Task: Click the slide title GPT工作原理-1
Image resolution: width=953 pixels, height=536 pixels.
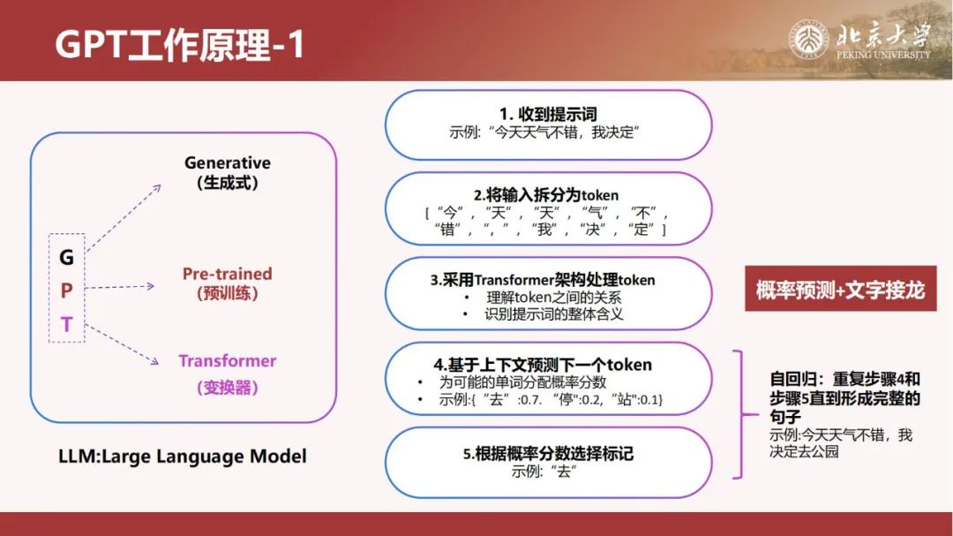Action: click(180, 44)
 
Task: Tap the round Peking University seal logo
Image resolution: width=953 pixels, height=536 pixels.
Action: click(808, 40)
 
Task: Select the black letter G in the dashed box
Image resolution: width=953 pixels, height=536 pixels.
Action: click(66, 257)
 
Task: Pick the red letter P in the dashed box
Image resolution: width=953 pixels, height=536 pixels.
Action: click(66, 291)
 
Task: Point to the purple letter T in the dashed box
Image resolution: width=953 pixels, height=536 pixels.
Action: click(66, 324)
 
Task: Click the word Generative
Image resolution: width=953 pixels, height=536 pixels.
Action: click(228, 163)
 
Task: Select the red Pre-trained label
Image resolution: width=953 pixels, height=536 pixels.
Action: click(228, 274)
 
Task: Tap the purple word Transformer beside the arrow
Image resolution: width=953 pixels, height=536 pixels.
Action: click(228, 361)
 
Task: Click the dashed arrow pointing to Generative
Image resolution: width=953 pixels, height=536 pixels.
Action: click(124, 218)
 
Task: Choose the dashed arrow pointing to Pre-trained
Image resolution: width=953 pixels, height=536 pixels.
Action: click(120, 287)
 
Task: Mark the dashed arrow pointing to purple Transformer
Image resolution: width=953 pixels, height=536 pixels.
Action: click(122, 344)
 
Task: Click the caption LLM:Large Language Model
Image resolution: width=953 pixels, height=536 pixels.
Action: click(183, 457)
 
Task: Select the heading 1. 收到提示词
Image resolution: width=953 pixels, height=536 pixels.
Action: click(548, 114)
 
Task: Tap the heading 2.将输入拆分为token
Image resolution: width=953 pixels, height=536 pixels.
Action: click(546, 194)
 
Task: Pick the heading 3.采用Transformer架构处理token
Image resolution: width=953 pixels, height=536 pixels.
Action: click(543, 280)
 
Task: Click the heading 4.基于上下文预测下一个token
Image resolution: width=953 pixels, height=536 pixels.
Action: click(543, 365)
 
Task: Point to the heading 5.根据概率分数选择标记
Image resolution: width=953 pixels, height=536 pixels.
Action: click(548, 454)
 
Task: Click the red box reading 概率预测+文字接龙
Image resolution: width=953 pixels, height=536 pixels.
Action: click(841, 289)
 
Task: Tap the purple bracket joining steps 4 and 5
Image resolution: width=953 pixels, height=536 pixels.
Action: click(741, 414)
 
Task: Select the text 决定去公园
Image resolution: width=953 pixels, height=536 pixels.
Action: click(804, 451)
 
